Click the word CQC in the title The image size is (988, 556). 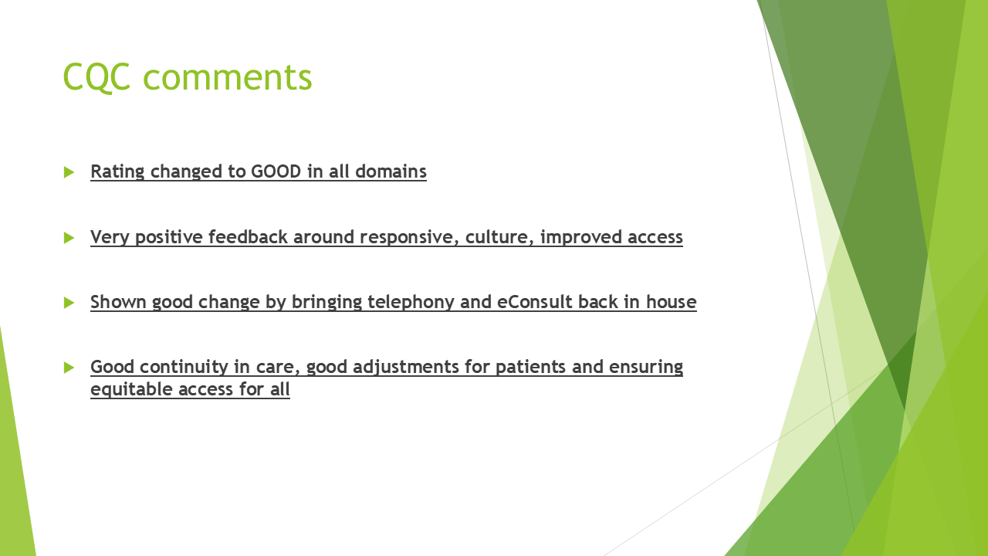pyautogui.click(x=96, y=77)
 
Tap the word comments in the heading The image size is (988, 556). pyautogui.click(x=228, y=78)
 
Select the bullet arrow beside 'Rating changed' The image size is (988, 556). pyautogui.click(x=69, y=172)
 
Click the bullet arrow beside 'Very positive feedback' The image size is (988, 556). pyautogui.click(x=69, y=238)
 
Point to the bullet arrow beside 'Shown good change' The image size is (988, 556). pyautogui.click(x=69, y=303)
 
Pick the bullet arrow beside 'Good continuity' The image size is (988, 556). pyautogui.click(x=69, y=368)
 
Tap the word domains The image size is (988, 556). pyautogui.click(x=391, y=171)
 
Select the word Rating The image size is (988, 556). pyautogui.click(x=117, y=172)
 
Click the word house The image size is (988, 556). pyautogui.click(x=672, y=302)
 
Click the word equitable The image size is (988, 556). pyautogui.click(x=131, y=390)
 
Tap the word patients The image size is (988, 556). pyautogui.click(x=530, y=368)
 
